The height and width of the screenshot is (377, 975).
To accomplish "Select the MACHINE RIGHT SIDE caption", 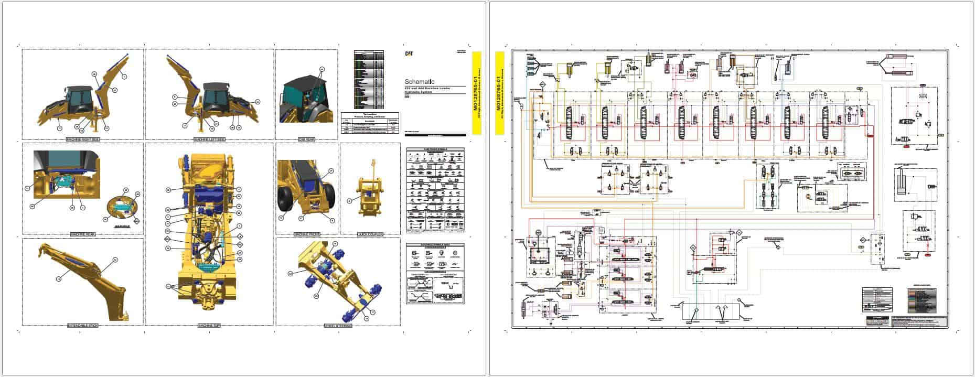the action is pyautogui.click(x=82, y=140).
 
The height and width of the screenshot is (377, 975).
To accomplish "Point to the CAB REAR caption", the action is pyautogui.click(x=306, y=140).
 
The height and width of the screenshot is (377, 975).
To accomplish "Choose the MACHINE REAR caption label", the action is pyautogui.click(x=82, y=234).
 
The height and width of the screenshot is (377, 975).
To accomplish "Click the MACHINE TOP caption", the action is pyautogui.click(x=209, y=326).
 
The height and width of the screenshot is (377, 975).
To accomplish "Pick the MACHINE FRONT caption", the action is pyautogui.click(x=306, y=234).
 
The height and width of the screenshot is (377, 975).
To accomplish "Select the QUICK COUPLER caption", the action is pyautogui.click(x=370, y=234).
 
